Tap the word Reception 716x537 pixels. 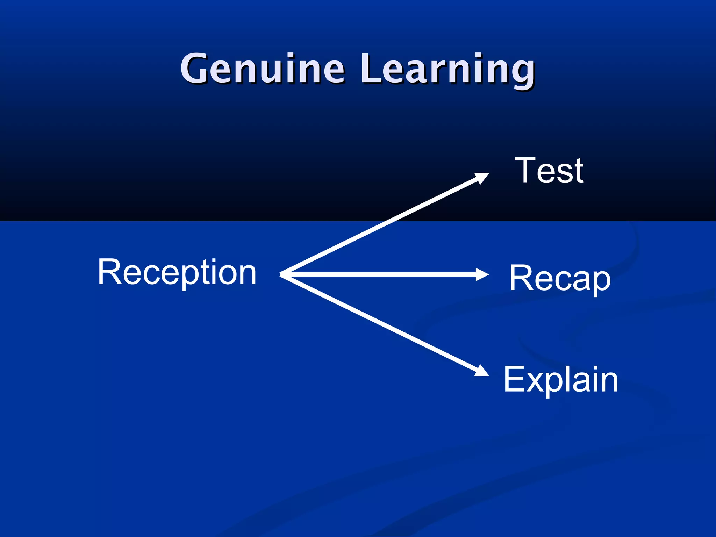click(x=177, y=272)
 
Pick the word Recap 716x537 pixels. click(x=560, y=278)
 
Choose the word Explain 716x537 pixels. click(x=561, y=380)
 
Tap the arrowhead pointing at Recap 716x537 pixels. click(x=483, y=274)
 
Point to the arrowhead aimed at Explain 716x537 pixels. click(x=482, y=371)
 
